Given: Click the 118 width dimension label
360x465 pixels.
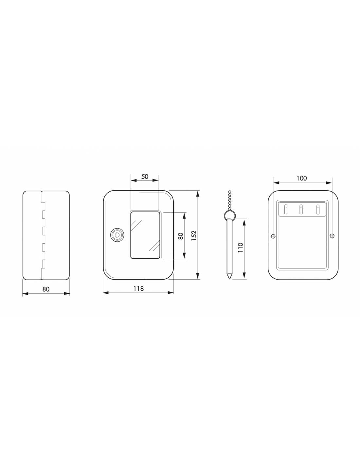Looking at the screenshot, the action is click(138, 289).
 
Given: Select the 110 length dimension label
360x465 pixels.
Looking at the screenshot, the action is click(241, 248).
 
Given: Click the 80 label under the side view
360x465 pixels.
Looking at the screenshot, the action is click(46, 289).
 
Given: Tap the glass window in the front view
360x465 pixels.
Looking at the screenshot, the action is click(145, 235).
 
